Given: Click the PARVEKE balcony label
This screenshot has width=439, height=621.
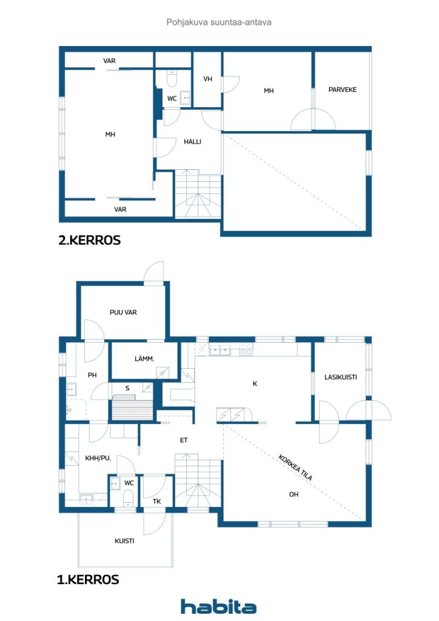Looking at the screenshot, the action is (x=343, y=90).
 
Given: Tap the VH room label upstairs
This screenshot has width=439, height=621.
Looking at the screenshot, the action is (x=207, y=79).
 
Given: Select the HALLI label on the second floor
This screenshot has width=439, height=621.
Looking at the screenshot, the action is (x=192, y=141).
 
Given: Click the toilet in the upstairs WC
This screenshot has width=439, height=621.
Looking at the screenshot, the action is (x=172, y=79).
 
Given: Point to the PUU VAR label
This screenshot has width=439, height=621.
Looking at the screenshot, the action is (x=123, y=312).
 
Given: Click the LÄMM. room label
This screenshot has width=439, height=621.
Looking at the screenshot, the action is (x=144, y=359).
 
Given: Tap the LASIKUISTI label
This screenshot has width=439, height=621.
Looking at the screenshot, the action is (x=340, y=377).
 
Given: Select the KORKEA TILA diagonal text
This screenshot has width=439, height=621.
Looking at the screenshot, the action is (x=295, y=468).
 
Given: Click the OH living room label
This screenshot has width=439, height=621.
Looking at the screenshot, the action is (x=293, y=494).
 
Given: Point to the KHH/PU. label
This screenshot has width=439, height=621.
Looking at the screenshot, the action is (x=98, y=458).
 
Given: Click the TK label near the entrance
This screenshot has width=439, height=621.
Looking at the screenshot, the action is (x=157, y=502).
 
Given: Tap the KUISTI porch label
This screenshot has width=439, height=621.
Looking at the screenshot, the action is (x=124, y=540).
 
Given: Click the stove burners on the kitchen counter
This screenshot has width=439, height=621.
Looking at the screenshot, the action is (x=246, y=349).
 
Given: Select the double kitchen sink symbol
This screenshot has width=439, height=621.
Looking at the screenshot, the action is (x=219, y=350).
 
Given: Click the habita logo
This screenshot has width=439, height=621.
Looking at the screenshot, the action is (x=218, y=606).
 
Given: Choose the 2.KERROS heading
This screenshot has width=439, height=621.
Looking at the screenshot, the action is (x=90, y=240).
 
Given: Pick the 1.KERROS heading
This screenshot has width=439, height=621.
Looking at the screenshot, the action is (x=88, y=579).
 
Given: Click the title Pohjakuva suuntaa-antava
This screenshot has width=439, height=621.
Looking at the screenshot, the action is (x=219, y=22).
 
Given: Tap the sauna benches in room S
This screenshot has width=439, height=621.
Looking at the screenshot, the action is (x=132, y=408).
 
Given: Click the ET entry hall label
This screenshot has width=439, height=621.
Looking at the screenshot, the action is (x=184, y=440).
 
